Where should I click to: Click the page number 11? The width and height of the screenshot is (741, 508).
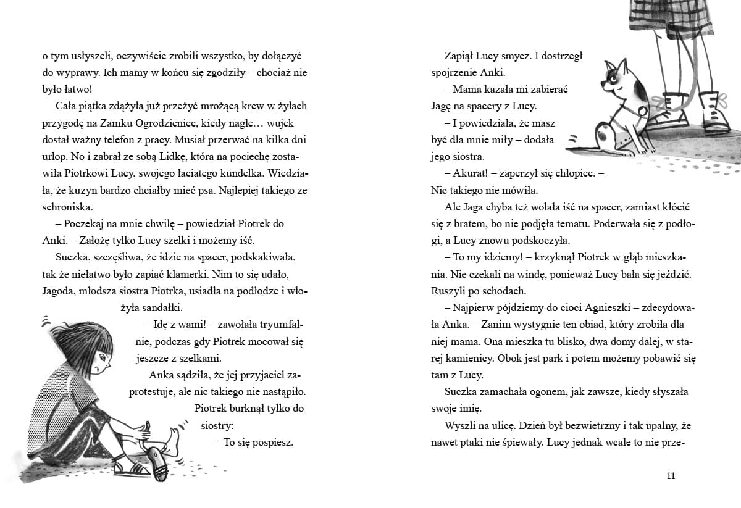[x=672, y=475]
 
